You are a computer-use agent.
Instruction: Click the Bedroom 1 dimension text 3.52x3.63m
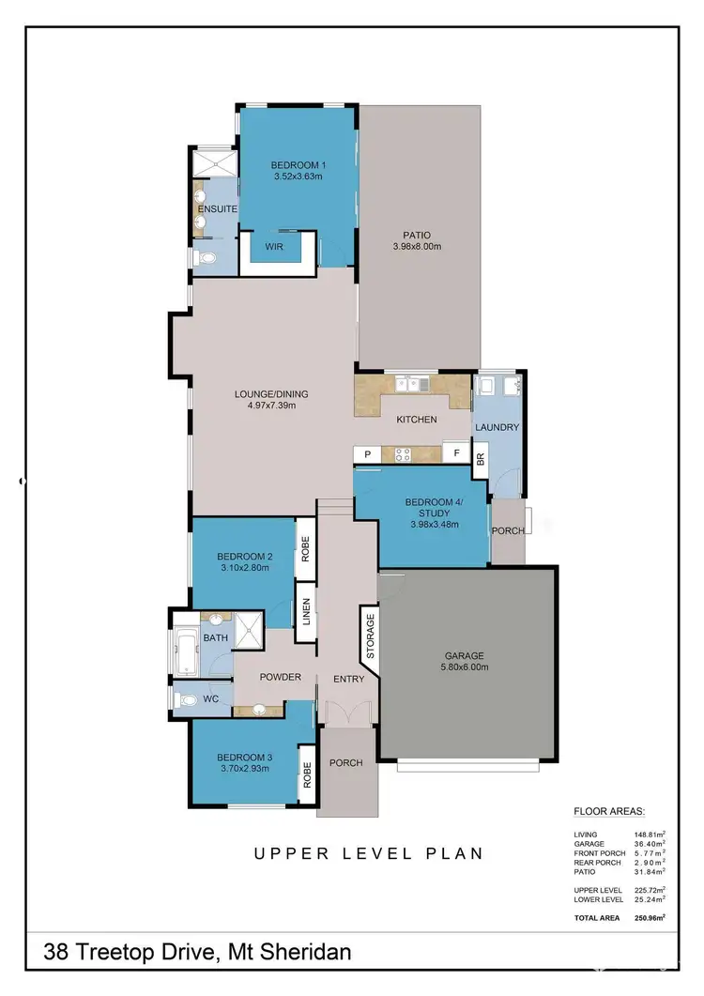[298, 176]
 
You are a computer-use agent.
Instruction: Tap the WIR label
[275, 248]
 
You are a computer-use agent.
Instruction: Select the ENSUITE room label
[216, 208]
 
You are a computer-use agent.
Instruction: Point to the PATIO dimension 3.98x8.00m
[418, 247]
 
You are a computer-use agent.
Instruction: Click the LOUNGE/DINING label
[271, 393]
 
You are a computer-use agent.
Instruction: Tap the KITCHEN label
[416, 419]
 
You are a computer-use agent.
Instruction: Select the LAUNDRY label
[497, 427]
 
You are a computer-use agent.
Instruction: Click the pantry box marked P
[367, 454]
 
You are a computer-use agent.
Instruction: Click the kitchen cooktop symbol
[404, 454]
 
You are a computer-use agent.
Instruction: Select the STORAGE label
[370, 636]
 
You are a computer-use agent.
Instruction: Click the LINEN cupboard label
[306, 612]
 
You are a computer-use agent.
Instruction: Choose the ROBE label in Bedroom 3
[306, 774]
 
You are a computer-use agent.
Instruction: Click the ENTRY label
[348, 679]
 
